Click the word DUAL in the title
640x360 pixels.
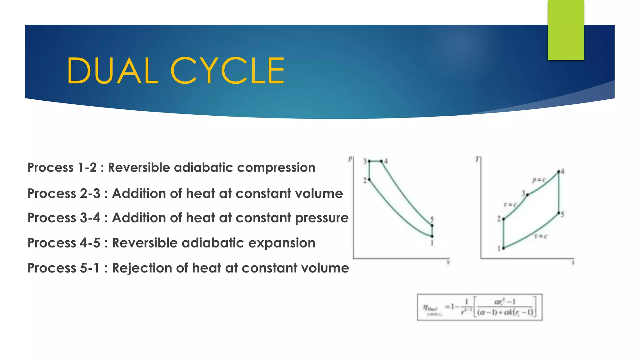pyautogui.click(x=112, y=71)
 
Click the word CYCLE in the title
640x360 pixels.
pyautogui.click(x=227, y=71)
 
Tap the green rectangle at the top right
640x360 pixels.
pyautogui.click(x=566, y=30)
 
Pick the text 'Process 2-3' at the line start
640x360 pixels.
pyautogui.click(x=64, y=193)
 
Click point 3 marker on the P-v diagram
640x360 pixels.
pyautogui.click(x=369, y=161)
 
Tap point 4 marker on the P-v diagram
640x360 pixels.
pyautogui.click(x=382, y=161)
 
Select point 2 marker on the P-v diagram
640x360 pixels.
pyautogui.click(x=369, y=179)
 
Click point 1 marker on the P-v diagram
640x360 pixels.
pyautogui.click(x=432, y=236)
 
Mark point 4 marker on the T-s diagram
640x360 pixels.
pyautogui.click(x=559, y=172)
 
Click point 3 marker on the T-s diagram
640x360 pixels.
pyautogui.click(x=527, y=195)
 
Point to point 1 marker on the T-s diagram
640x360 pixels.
pyautogui.click(x=503, y=248)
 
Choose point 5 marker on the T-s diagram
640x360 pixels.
pyautogui.click(x=559, y=213)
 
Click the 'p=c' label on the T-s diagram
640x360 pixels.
pyautogui.click(x=539, y=180)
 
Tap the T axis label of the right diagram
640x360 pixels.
pyautogui.click(x=477, y=159)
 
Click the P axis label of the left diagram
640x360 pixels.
pyautogui.click(x=350, y=159)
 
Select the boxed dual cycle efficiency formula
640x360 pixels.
pyautogui.click(x=480, y=307)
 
